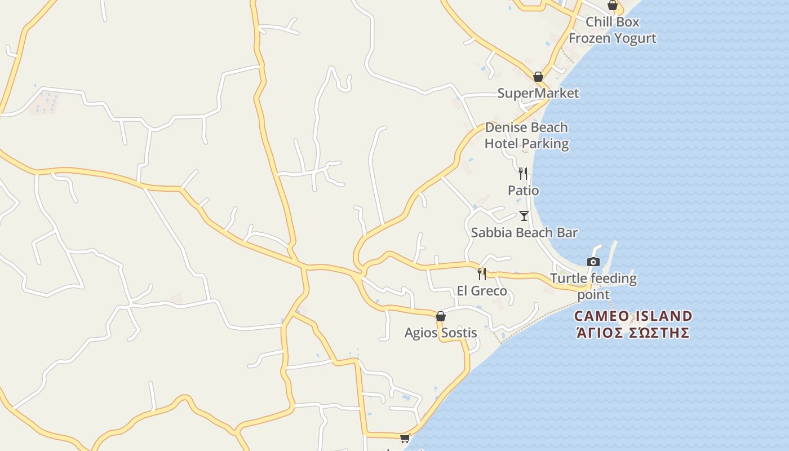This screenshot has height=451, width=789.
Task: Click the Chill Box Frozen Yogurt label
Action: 613,30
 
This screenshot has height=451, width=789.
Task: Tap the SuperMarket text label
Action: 538,93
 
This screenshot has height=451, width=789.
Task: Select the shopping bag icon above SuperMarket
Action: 538,77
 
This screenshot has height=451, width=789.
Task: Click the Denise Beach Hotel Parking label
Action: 526,135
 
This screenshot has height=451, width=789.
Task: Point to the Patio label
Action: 523,191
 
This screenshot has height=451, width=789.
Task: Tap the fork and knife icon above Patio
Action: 523,173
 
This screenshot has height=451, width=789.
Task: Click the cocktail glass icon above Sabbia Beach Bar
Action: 524,215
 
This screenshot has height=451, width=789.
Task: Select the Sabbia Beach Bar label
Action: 524,232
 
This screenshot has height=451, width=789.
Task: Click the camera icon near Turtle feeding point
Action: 593,262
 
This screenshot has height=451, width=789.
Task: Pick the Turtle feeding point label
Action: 593,286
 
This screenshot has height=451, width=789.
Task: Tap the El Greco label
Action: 482,291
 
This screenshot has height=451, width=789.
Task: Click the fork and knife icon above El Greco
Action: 482,274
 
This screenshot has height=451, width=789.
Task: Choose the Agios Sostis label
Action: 441,333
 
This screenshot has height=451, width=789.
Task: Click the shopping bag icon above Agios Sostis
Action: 441,316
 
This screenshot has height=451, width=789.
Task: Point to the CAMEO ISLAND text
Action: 633,316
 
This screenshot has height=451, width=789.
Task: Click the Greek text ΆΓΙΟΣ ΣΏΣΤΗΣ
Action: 633,332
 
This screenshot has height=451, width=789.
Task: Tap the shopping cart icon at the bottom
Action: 405,438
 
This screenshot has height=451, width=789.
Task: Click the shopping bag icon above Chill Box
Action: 613,6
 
